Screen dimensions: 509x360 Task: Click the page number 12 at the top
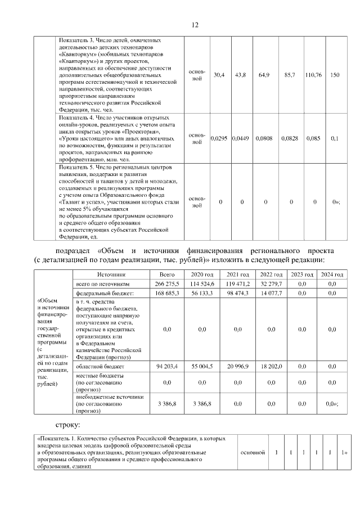pyautogui.click(x=195, y=25)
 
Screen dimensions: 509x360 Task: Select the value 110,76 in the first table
pyautogui.click(x=313, y=75)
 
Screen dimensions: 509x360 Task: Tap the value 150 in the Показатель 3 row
pyautogui.click(x=335, y=75)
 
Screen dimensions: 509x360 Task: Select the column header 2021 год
pyautogui.click(x=237, y=274)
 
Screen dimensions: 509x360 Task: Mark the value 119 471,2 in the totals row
pyautogui.click(x=237, y=284)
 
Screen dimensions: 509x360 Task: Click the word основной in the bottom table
pyautogui.click(x=253, y=452)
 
